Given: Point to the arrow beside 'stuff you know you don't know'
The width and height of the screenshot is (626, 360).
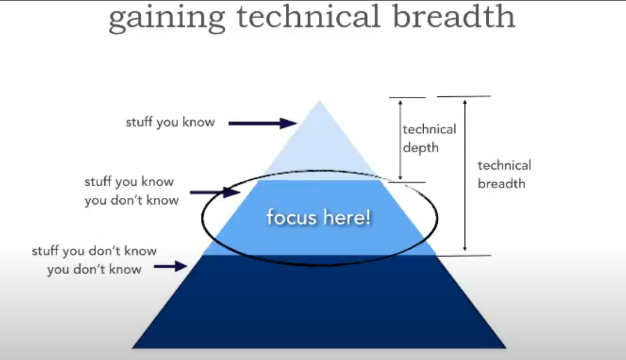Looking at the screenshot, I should [215, 192].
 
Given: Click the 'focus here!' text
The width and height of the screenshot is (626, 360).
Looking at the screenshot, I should [318, 217].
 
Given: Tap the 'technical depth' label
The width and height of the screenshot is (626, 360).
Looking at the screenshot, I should [429, 139].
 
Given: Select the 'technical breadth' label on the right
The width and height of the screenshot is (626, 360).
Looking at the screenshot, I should [504, 174].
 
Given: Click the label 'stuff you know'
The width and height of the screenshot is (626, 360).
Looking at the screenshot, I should [170, 122].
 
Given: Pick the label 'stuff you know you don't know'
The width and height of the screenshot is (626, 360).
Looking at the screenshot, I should [131, 191].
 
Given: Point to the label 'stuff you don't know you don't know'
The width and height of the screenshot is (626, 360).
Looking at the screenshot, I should [94, 260].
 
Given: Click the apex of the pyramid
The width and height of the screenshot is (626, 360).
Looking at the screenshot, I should [319, 102].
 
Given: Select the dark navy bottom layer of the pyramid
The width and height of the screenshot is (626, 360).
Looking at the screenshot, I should [319, 303].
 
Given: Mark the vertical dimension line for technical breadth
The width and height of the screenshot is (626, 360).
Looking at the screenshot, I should [464, 174].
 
